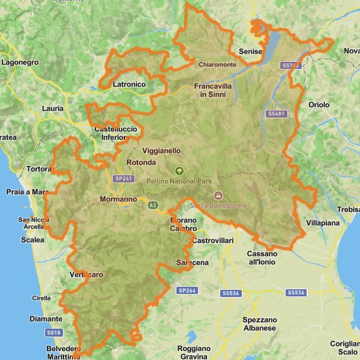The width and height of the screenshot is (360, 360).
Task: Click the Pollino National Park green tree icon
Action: tap(178, 171)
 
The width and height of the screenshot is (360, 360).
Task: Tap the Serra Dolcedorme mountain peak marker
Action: tap(218, 196)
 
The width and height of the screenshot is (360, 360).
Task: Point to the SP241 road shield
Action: tap(122, 178)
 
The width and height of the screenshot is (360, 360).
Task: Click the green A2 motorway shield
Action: tap(153, 205)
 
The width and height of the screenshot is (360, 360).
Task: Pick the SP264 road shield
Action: tap(187, 290)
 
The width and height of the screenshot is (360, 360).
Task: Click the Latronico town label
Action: tap(129, 85)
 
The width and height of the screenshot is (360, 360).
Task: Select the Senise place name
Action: tap(250, 52)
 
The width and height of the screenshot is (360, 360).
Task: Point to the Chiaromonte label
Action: tap(217, 64)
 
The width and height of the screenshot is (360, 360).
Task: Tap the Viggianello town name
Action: tap(161, 151)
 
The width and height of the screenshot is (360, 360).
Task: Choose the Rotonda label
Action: tap(142, 163)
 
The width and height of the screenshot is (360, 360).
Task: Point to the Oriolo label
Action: tap(319, 105)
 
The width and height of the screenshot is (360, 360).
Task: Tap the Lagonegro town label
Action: tap(20, 62)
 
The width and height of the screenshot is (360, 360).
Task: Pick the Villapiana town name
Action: tap(323, 223)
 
